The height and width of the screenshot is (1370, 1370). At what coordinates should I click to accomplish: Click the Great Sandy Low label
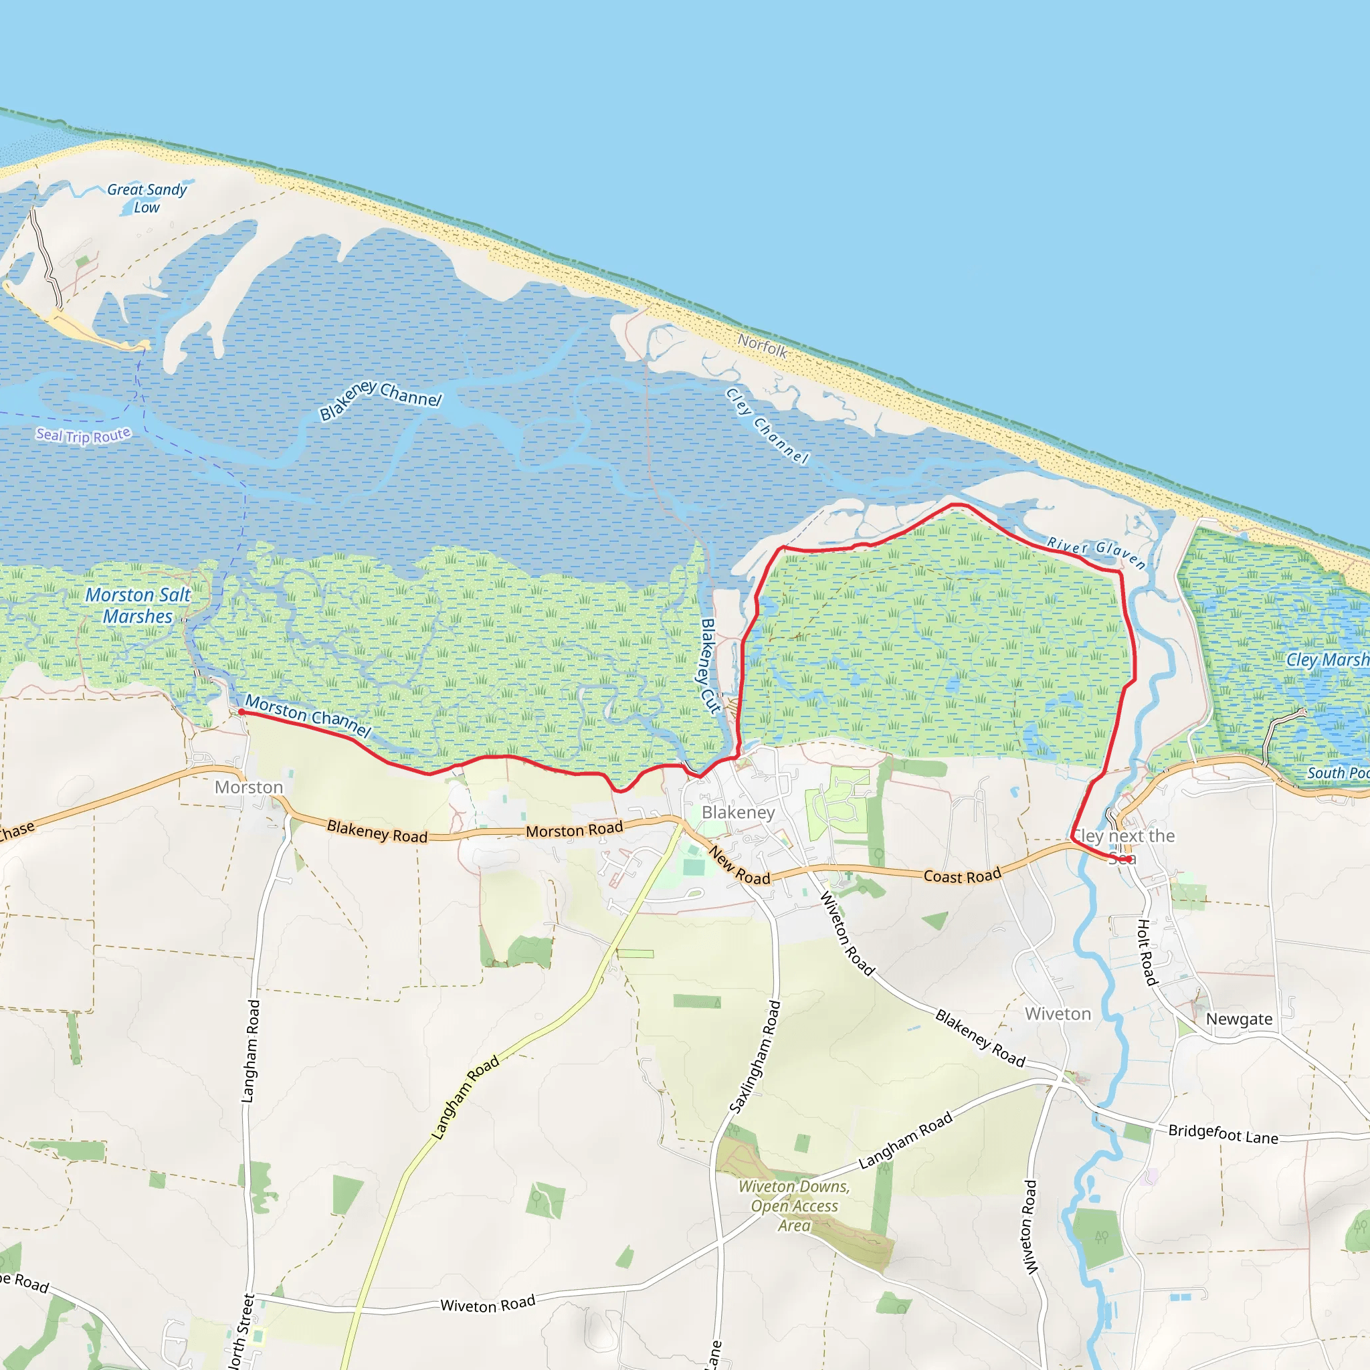(146, 199)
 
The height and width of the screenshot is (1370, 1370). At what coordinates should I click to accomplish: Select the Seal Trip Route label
(84, 435)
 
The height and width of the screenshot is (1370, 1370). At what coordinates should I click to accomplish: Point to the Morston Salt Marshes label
(138, 605)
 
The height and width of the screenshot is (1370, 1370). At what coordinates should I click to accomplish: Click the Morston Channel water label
(308, 716)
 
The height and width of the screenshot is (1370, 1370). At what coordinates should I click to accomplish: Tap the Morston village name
(249, 787)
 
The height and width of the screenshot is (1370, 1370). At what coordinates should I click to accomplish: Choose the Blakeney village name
(739, 812)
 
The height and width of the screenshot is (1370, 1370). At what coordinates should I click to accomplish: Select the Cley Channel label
(767, 425)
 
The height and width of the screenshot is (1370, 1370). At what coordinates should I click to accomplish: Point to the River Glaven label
(1096, 553)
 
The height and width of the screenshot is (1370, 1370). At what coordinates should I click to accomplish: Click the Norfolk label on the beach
(763, 346)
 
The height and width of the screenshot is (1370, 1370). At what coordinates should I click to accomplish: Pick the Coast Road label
(962, 876)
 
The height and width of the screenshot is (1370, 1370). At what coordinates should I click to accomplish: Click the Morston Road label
(575, 829)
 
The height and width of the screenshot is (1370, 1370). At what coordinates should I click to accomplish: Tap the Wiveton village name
(1058, 1014)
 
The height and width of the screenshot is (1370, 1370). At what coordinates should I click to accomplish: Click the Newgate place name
(1240, 1019)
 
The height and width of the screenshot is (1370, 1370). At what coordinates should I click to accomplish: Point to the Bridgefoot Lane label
(1224, 1133)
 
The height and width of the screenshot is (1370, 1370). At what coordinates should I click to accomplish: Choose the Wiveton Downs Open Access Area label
(794, 1205)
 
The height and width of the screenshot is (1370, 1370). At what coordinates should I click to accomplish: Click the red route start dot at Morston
(241, 711)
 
